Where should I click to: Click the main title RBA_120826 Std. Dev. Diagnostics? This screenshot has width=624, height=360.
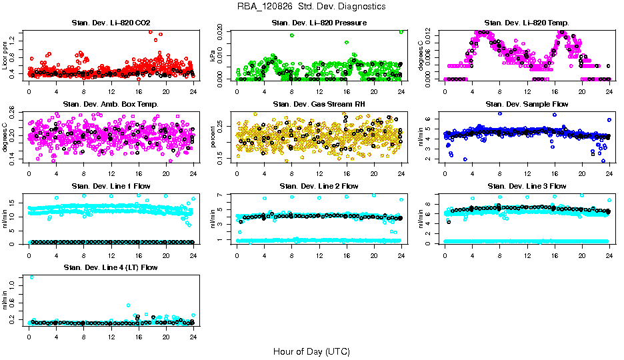[311, 7]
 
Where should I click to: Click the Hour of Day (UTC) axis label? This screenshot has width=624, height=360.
[311, 351]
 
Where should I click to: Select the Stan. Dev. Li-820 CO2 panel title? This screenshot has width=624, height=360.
[111, 23]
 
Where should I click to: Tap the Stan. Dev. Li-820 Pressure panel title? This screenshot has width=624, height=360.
[319, 23]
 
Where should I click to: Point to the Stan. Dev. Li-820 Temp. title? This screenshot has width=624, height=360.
[527, 23]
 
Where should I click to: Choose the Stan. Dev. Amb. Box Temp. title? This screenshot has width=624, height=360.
[111, 105]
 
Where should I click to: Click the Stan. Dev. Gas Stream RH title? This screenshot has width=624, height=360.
[319, 105]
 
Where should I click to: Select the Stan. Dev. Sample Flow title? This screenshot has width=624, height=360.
[527, 105]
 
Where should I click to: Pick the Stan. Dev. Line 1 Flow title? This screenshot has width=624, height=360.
[111, 186]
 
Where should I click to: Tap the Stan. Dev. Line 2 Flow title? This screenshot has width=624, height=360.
[319, 186]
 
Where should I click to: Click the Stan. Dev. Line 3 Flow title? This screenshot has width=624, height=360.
[527, 186]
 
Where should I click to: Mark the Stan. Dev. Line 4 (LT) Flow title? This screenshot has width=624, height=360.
[111, 267]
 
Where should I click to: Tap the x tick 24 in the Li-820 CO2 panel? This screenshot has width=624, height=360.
[193, 91]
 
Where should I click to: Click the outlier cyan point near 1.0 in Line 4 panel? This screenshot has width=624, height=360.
[31, 277]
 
